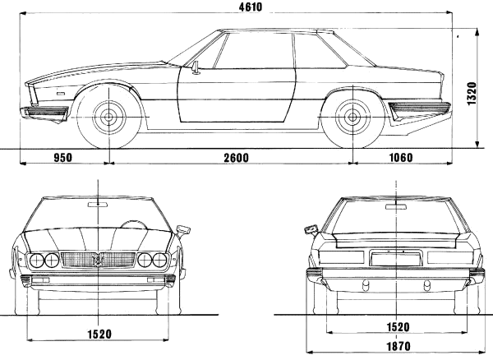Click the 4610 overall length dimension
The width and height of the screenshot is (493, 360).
(251, 7)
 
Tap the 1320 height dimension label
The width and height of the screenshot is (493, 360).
(472, 94)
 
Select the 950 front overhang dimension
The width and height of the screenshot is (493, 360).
(63, 158)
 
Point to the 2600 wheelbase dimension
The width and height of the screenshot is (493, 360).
(236, 158)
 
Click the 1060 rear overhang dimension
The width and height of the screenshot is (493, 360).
(401, 157)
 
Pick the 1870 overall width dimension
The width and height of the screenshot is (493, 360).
(398, 346)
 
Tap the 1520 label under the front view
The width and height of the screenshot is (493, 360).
(99, 334)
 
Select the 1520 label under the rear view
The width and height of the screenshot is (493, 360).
(398, 327)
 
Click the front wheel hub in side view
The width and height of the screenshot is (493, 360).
(108, 118)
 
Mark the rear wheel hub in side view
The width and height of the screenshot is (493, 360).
(352, 118)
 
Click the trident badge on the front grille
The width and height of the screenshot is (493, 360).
(99, 260)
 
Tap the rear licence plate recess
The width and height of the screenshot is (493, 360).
(395, 258)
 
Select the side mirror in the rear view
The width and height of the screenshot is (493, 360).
(311, 229)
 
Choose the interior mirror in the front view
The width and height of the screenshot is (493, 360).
(98, 205)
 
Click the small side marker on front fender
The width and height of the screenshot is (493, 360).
(60, 94)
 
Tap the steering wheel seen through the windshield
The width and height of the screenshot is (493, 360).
(134, 224)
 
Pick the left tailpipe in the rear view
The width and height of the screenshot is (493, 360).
(366, 285)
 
